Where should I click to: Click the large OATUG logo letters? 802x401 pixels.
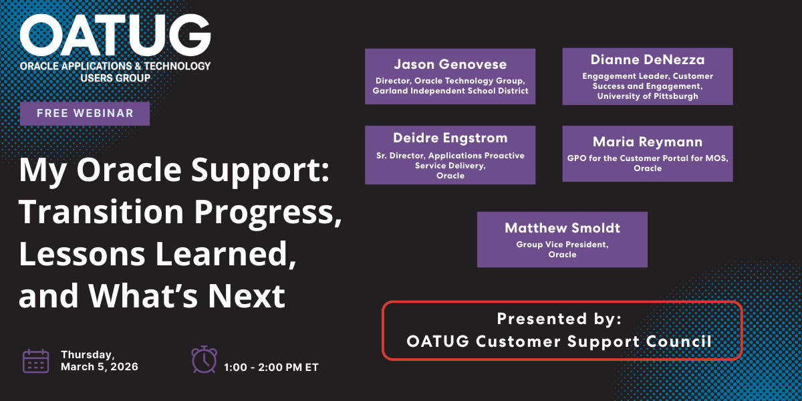(x=115, y=35)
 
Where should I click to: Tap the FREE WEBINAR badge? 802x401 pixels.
(x=85, y=114)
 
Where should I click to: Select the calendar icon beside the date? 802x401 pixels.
(x=36, y=362)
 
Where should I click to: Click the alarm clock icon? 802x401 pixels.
(x=204, y=360)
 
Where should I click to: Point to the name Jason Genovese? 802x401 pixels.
(x=450, y=64)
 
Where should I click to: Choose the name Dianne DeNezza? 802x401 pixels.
(x=648, y=59)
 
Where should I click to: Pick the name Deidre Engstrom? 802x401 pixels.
(x=450, y=138)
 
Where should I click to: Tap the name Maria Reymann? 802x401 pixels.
(x=648, y=142)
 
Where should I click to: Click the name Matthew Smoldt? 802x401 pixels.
(x=563, y=228)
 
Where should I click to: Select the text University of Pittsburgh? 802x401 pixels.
(x=648, y=96)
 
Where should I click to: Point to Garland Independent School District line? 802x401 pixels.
(x=450, y=91)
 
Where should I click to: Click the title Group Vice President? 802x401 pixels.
(x=563, y=245)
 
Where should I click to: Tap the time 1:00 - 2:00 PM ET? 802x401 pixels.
(x=271, y=368)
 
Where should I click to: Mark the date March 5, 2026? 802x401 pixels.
(x=100, y=367)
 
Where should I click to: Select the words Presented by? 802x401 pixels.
(x=559, y=319)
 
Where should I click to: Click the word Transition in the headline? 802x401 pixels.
(x=102, y=212)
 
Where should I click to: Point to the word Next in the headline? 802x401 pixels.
(x=247, y=295)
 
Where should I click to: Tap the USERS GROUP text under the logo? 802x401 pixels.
(x=115, y=78)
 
